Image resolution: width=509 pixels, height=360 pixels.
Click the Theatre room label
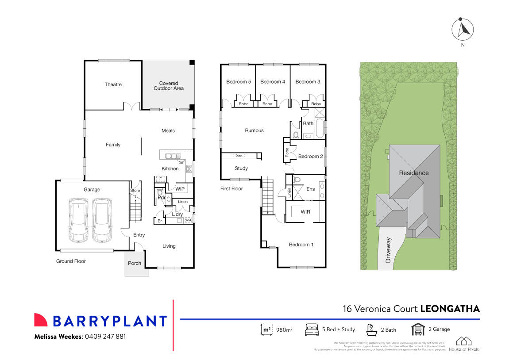point(113,84)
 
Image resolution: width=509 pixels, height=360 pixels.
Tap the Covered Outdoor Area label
point(169,86)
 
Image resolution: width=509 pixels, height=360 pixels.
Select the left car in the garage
point(78,220)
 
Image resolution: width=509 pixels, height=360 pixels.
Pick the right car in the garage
point(102,220)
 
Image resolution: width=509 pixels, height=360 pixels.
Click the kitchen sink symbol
point(173,156)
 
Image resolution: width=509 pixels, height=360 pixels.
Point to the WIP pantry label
point(180,189)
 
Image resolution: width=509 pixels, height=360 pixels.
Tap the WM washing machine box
point(188,220)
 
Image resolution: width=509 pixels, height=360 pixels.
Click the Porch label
point(135,263)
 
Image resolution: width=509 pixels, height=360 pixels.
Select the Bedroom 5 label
point(239,82)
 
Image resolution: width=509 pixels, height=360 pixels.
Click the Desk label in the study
point(239,156)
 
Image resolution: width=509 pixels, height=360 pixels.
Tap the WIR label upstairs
point(305,212)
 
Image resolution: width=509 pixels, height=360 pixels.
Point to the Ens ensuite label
point(311,189)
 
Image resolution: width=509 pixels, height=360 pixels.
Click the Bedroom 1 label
point(301,245)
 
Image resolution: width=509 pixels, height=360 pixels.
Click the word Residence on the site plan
point(414,173)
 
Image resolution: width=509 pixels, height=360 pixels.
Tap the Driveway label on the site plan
point(389,250)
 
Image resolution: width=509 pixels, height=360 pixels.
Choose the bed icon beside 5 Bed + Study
point(312,329)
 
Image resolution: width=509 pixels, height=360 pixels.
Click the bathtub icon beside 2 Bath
point(371,329)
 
